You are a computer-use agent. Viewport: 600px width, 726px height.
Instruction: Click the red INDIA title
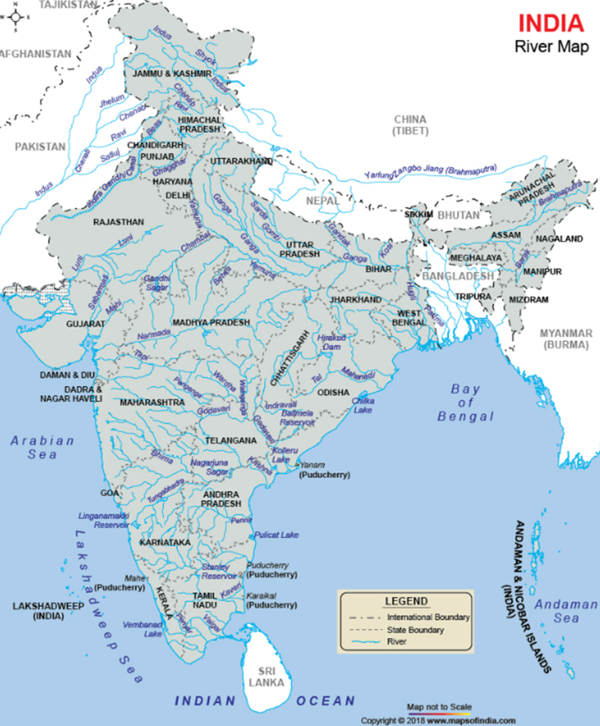(551, 23)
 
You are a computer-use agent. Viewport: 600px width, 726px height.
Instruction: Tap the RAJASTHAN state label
(119, 221)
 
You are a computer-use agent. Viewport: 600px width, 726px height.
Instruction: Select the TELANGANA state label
(231, 440)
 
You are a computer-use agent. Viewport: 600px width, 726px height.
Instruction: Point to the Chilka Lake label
(363, 405)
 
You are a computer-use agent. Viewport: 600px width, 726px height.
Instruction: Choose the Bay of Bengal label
(465, 403)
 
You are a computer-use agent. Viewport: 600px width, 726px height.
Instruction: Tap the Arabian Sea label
(42, 447)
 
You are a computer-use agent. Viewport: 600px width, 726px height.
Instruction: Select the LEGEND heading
(406, 601)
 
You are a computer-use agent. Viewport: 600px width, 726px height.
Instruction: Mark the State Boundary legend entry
(415, 630)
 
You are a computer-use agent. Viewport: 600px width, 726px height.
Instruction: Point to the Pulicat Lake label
(276, 535)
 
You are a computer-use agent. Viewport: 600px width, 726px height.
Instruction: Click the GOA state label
(110, 493)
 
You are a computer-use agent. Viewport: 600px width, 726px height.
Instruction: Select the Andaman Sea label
(566, 611)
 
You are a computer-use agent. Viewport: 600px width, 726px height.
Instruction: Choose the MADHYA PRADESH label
(211, 323)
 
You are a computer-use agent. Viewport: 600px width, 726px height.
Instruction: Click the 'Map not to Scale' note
(439, 706)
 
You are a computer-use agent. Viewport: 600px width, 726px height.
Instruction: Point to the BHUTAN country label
(458, 216)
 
